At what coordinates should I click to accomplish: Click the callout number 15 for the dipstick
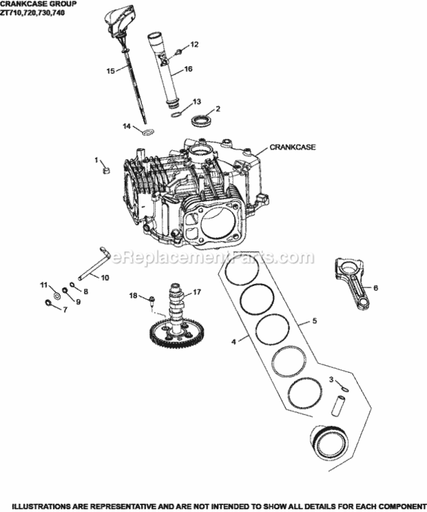[x=110, y=70]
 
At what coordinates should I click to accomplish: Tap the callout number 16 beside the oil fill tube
[x=188, y=69]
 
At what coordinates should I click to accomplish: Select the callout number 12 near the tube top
[x=194, y=44]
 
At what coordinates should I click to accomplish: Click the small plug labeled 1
[x=106, y=169]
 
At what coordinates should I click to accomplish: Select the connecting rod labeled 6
[x=355, y=281]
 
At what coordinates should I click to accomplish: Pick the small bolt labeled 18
[x=152, y=298]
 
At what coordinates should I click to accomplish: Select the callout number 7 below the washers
[x=65, y=309]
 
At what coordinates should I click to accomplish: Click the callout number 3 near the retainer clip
[x=331, y=379]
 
